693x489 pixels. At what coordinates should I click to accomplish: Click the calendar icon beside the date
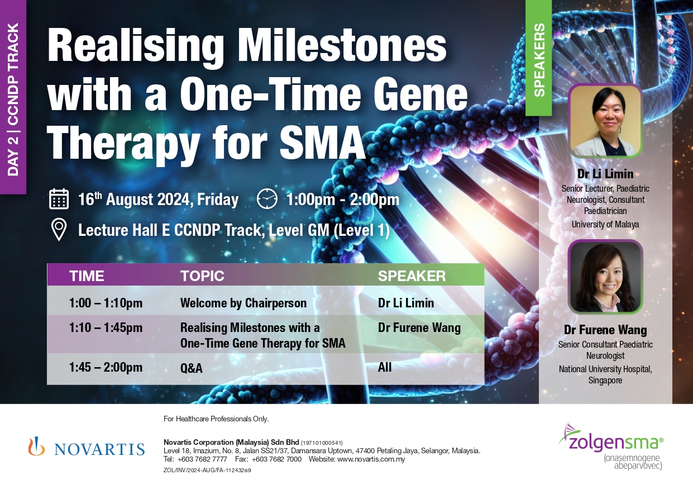(59, 198)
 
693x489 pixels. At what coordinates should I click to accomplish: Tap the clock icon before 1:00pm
(267, 198)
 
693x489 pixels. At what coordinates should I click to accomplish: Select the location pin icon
(59, 230)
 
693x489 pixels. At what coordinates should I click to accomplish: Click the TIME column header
(87, 276)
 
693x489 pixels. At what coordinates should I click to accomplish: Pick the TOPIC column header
(202, 276)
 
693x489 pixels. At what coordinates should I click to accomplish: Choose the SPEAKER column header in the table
(412, 276)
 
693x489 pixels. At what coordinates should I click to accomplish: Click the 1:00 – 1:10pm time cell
(106, 303)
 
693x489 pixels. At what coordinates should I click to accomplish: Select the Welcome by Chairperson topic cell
(243, 303)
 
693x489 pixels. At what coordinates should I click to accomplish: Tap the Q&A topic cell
(192, 368)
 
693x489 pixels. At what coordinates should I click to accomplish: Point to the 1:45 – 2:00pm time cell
(106, 367)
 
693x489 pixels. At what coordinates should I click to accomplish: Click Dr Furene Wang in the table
(419, 327)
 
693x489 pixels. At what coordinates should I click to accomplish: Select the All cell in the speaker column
(385, 367)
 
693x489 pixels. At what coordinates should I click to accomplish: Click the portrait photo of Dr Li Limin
(605, 121)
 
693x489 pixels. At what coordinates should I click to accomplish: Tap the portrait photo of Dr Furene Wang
(605, 277)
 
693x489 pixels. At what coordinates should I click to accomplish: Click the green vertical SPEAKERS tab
(539, 58)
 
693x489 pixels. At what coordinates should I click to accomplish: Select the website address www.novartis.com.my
(371, 459)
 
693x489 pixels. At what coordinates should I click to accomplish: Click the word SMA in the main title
(322, 142)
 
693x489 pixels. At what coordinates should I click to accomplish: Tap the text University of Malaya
(605, 224)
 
